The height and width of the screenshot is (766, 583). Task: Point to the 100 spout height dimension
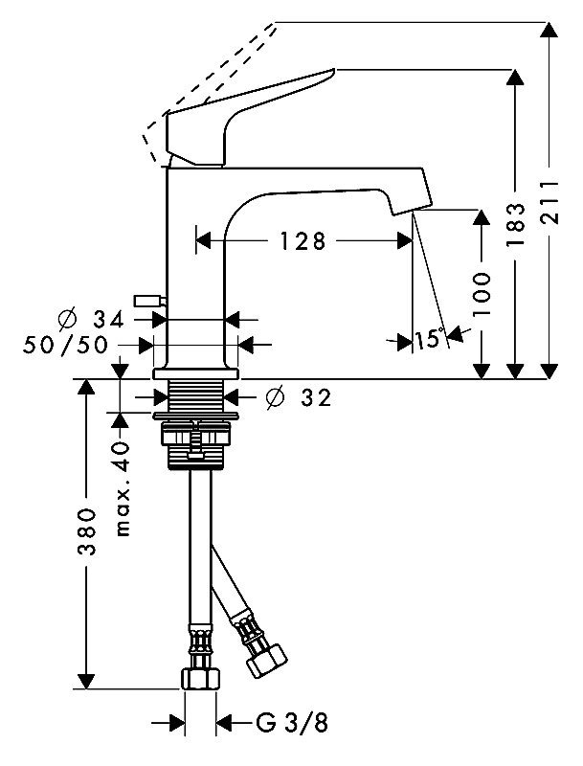[x=482, y=294]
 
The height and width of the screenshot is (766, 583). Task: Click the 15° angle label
[x=430, y=338]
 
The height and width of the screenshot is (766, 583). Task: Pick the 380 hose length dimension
[x=86, y=533]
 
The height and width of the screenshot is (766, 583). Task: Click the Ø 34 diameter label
[x=96, y=318]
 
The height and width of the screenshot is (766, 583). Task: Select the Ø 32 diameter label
[x=298, y=395]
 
